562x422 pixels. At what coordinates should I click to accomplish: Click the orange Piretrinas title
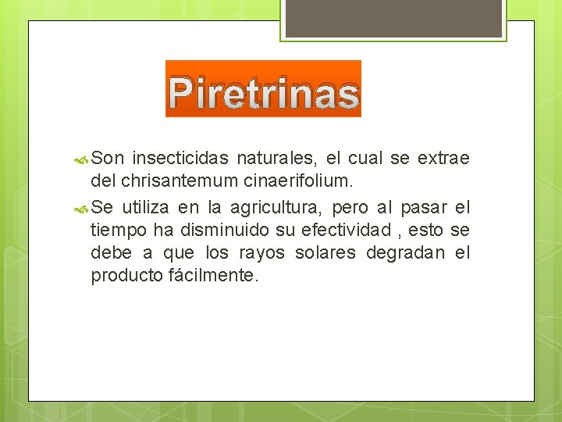(264, 92)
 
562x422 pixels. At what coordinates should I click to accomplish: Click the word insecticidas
(181, 159)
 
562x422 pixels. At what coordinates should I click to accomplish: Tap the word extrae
(444, 159)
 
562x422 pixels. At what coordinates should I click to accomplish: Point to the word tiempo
(115, 231)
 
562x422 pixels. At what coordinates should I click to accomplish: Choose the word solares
(325, 253)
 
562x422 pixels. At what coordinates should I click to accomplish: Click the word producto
(126, 276)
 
